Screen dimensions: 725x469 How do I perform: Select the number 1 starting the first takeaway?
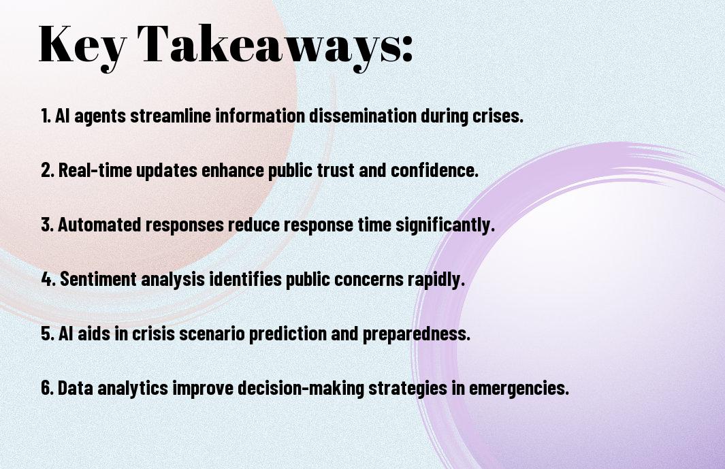pyautogui.click(x=45, y=116)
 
